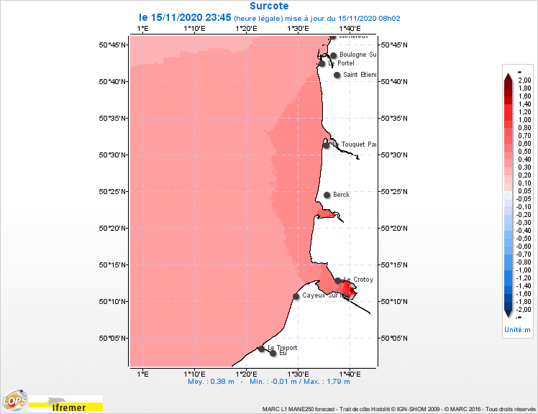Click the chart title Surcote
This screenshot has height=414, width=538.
[268, 6]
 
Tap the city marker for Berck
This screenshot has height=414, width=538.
[327, 195]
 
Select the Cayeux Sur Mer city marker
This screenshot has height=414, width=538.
[296, 296]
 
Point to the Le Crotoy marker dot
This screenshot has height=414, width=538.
[338, 280]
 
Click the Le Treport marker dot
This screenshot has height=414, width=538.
[261, 349]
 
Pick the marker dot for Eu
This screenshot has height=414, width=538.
[273, 353]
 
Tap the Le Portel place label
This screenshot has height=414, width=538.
[341, 63]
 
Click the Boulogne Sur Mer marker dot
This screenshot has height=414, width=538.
[333, 55]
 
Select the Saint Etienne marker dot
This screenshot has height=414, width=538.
[337, 75]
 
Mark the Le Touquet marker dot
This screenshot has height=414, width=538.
[327, 145]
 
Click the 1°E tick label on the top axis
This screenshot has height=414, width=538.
[142, 28]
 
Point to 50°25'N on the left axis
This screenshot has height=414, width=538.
[114, 192]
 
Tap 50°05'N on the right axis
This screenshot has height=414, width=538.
[395, 339]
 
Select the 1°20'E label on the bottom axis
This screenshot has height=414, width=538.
[246, 374]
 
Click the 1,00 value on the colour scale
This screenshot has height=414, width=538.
[524, 120]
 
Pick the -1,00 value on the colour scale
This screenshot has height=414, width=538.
[524, 270]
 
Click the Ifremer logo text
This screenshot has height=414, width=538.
[69, 408]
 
